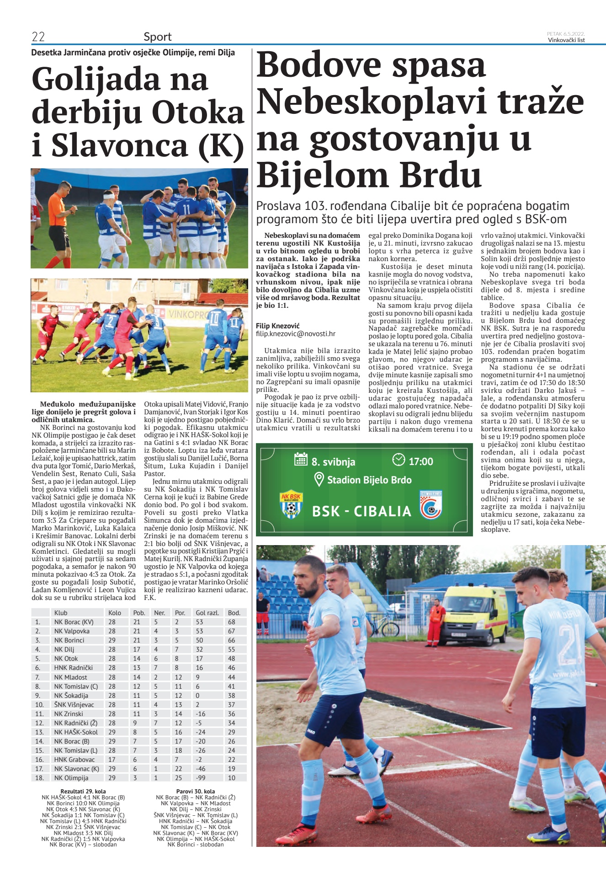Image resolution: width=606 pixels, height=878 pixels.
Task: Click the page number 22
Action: click(x=38, y=37)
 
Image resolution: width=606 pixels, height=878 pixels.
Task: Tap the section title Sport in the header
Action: click(x=158, y=37)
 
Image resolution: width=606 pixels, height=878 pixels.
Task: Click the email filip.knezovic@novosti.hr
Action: click(x=296, y=334)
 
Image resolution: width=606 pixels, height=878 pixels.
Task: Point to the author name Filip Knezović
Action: click(x=278, y=326)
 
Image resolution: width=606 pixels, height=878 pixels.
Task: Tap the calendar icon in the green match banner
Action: click(x=301, y=459)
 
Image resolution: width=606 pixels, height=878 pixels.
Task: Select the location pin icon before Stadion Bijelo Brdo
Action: click(x=319, y=479)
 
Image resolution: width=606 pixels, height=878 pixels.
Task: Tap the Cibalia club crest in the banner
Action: click(x=431, y=505)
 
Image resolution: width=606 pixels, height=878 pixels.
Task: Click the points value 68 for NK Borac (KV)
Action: click(x=232, y=622)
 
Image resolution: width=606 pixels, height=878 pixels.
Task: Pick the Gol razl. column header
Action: click(x=207, y=613)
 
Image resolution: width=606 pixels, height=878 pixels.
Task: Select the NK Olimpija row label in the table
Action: click(x=71, y=778)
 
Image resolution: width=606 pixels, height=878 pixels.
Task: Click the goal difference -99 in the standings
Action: click(x=201, y=778)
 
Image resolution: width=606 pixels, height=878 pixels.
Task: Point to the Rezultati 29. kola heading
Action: click(x=83, y=791)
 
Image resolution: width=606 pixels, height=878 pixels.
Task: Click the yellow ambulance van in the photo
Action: click(x=475, y=613)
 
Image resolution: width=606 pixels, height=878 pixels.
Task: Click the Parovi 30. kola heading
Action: click(x=196, y=791)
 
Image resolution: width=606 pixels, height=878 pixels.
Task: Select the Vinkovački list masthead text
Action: click(x=566, y=40)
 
